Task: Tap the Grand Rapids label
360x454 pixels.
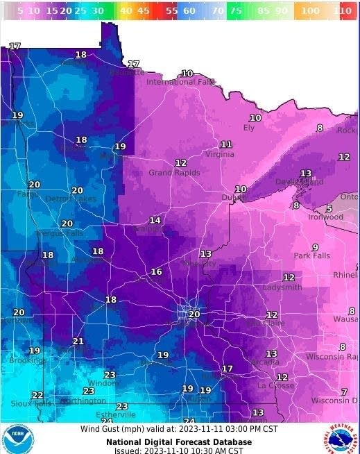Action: (174, 172)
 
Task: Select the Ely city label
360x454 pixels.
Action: (248, 128)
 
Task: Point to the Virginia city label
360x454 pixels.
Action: (219, 155)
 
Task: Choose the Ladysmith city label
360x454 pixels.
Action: (282, 287)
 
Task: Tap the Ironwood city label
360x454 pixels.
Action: (325, 217)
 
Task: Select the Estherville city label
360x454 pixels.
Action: (116, 414)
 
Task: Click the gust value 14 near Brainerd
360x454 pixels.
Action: (155, 220)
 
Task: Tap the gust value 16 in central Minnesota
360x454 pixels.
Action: (156, 271)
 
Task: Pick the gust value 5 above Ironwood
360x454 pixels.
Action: (329, 208)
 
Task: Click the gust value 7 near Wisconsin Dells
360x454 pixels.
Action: (344, 392)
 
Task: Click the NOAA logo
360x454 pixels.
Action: (17, 439)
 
